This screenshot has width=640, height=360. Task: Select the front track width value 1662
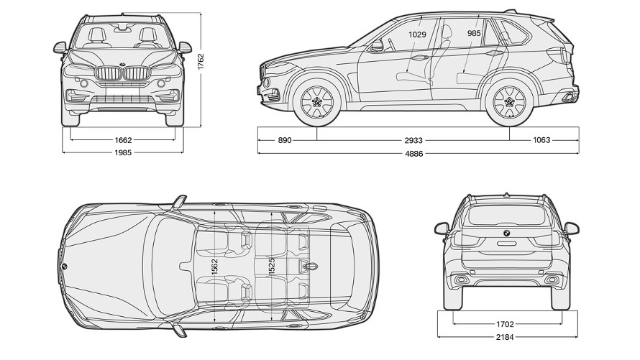122,139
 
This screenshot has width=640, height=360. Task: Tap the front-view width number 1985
122,152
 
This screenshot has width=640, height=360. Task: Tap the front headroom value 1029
417,34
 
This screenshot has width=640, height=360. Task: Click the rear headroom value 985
474,33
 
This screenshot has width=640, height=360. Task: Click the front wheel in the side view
317,102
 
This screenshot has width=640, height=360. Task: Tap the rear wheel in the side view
511,102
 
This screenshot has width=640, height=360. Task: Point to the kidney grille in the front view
122,74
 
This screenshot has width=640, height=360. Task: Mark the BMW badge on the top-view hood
64,267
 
